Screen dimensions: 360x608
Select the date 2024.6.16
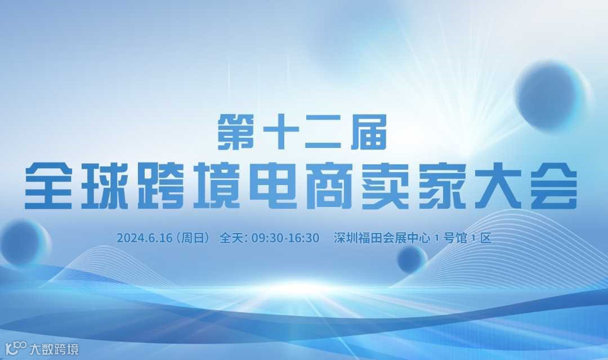144,238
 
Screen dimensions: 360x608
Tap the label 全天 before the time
232,238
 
